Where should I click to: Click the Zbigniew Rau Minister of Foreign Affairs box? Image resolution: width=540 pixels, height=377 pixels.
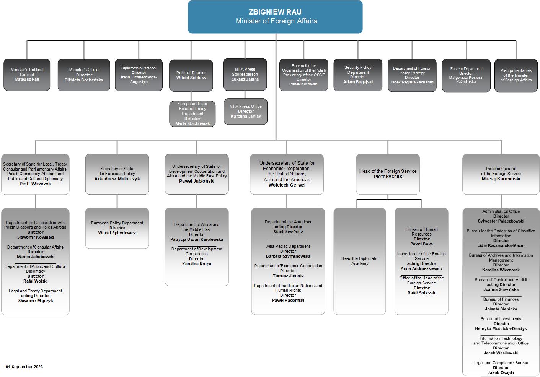pos(275,17)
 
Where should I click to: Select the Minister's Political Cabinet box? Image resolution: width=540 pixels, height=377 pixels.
pos(27,75)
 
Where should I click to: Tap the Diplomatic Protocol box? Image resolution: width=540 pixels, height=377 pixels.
pos(139,75)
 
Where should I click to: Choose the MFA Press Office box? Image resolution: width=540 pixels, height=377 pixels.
pos(245,111)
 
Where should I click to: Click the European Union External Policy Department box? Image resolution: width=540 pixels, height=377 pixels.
pos(192,114)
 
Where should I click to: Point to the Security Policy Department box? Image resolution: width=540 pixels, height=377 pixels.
pos(358,75)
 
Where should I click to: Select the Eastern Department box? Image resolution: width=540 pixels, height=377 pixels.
pos(466,75)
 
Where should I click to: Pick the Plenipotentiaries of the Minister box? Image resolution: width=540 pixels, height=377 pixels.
pos(516,75)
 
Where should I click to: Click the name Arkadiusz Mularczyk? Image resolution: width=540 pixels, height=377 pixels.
pos(117,179)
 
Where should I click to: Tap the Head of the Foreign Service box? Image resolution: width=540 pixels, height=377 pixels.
pos(388,174)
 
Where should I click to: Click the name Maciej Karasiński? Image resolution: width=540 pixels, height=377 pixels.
pos(501,179)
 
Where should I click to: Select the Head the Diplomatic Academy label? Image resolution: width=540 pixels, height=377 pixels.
pos(360,261)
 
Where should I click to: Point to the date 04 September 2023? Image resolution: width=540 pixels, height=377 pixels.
pos(24,367)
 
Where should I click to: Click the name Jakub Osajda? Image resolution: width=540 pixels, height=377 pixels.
pos(501,372)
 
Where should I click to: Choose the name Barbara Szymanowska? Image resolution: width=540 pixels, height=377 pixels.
pos(288,256)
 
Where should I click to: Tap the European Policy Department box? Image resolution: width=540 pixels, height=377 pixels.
pos(117,228)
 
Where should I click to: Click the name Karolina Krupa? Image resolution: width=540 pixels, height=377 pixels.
pos(197,264)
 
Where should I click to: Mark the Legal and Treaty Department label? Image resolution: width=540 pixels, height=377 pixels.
pos(35,291)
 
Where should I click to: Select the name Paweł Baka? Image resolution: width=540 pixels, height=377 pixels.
pos(421,244)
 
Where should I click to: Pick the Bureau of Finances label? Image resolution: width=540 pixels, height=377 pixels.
pos(501,299)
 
